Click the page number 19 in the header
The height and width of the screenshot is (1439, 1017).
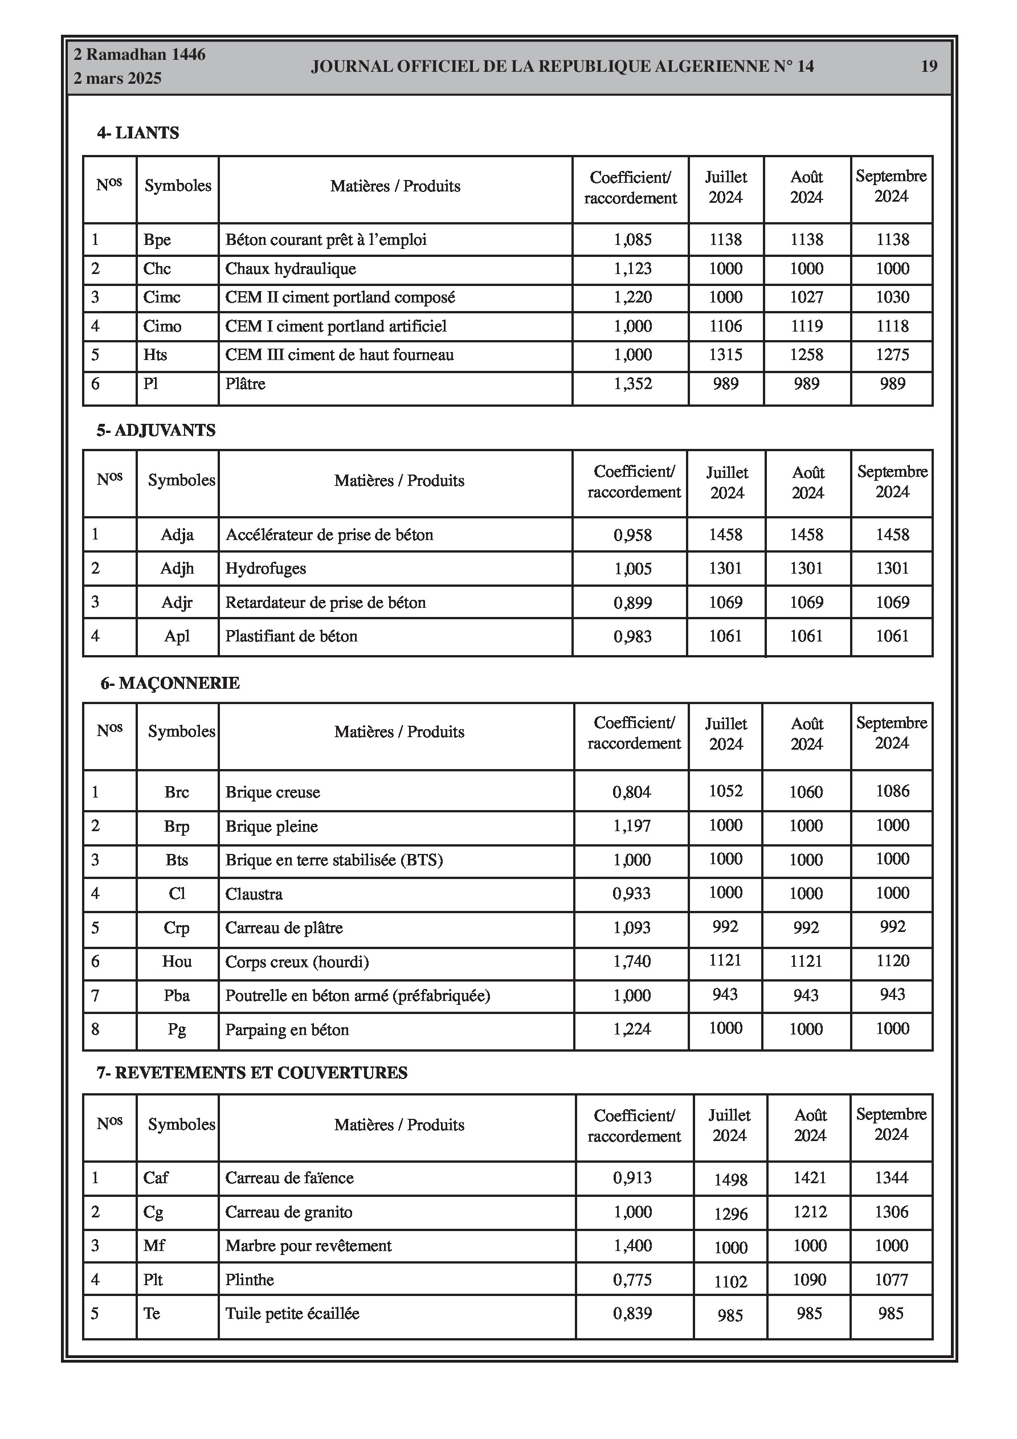(929, 66)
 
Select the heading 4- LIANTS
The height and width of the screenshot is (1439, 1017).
(138, 133)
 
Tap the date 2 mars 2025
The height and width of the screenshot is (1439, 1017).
(117, 79)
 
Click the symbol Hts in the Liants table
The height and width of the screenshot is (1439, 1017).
(155, 355)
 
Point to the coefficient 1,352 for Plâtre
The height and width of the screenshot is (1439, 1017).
(632, 383)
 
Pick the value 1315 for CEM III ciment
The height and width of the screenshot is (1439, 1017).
(725, 355)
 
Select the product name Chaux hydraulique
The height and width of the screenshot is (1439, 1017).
(291, 269)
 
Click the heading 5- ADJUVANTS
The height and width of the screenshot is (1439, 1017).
(156, 430)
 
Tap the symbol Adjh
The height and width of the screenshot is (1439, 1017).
(177, 569)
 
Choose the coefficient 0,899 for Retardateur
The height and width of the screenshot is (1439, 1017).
(632, 603)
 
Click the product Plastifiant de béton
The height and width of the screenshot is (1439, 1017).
(291, 636)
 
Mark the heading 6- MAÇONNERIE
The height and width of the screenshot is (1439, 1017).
(170, 683)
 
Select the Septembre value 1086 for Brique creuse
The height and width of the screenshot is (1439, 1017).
(892, 791)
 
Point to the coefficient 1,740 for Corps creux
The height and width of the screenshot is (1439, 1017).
(632, 961)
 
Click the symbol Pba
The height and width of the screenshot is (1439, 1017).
(177, 995)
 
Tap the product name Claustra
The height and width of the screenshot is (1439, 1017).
(254, 894)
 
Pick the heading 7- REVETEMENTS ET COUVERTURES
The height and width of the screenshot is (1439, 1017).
(252, 1072)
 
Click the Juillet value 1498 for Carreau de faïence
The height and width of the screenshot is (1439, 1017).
(730, 1180)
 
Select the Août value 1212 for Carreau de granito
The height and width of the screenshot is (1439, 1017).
(810, 1212)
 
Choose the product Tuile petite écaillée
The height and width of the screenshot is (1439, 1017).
(292, 1313)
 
